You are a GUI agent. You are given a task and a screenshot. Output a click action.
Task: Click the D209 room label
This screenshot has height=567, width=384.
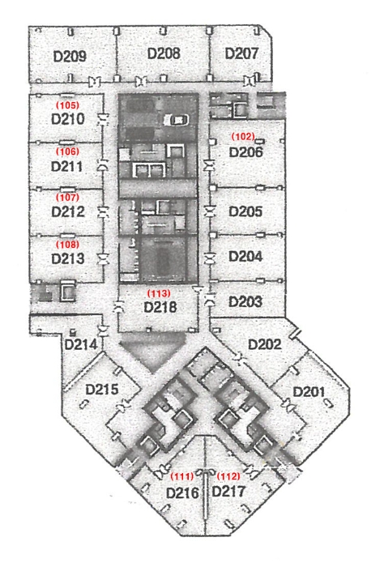point(70,57)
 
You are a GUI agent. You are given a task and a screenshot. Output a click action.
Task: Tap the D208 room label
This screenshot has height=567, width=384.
point(164,53)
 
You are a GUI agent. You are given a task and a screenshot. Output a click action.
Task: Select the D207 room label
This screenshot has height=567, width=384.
point(241,53)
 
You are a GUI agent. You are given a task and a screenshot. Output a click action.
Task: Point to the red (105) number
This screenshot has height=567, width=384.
point(67,105)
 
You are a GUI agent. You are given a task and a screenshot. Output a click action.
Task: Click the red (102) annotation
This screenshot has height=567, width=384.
point(243,136)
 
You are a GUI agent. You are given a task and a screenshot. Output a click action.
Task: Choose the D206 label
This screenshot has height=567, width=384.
point(246,152)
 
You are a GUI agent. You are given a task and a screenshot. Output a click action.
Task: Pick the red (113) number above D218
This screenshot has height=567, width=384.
point(159,293)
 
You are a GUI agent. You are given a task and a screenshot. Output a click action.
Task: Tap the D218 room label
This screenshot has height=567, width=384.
point(160,307)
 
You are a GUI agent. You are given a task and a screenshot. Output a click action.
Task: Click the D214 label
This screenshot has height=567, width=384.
point(81,344)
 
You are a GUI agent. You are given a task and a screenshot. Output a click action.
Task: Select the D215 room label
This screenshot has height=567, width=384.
point(102,390)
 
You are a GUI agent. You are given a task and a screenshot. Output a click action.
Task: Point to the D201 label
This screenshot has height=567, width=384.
point(309,392)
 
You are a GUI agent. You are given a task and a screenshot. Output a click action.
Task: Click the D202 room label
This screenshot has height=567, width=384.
point(265,344)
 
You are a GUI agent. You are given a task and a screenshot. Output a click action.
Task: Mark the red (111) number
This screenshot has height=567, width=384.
point(182,476)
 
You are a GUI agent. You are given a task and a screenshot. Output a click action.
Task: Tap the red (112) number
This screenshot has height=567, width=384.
point(228,476)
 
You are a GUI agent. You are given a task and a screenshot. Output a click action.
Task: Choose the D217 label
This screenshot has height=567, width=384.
point(228,492)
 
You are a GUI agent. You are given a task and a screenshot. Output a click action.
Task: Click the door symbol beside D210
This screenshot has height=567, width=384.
point(104,119)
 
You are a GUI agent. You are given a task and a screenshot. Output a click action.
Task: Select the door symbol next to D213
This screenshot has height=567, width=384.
point(104,259)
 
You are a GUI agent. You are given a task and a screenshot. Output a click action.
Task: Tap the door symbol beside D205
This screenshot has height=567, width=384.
point(210,211)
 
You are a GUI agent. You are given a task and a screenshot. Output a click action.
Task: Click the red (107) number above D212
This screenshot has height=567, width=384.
point(67,198)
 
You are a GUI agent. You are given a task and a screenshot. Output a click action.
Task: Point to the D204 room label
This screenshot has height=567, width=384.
point(246,257)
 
